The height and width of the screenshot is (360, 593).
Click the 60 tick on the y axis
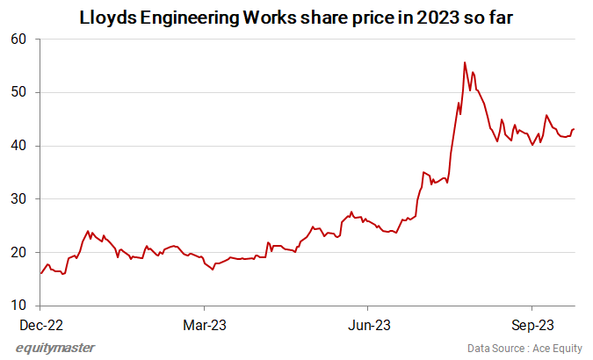[x=20, y=40]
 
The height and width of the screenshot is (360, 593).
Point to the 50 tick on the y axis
[x=20, y=92]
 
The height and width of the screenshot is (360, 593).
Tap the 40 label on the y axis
[x=20, y=146]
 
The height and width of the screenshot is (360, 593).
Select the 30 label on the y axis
[x=20, y=199]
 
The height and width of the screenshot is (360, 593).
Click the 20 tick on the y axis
[x=20, y=253]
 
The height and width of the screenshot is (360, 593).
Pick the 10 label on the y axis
[x=20, y=306]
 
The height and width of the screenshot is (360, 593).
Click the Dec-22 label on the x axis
[x=40, y=324]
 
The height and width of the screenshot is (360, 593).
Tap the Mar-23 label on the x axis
[x=204, y=324]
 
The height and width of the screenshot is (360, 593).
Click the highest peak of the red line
[x=464, y=62]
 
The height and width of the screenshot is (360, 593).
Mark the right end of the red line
[x=574, y=129]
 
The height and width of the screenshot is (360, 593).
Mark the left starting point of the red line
[x=40, y=273]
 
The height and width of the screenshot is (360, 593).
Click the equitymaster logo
[x=55, y=348]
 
